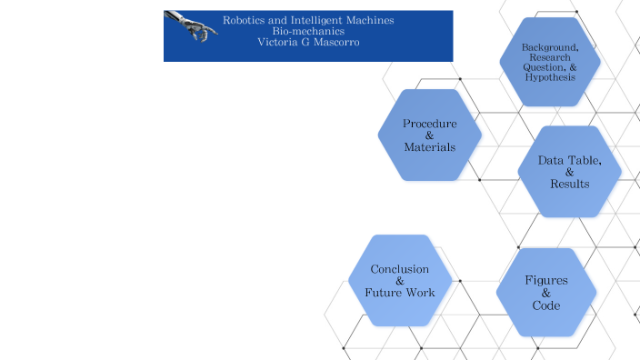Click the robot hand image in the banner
(x=191, y=25)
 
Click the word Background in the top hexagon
(x=549, y=46)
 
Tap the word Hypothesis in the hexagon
(x=550, y=77)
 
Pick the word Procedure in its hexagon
(x=430, y=124)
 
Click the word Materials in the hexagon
(x=430, y=147)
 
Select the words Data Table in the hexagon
(x=569, y=161)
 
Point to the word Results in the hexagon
(x=570, y=185)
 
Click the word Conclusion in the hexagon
(x=400, y=269)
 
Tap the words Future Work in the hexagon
(x=400, y=293)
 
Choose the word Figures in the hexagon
(x=546, y=281)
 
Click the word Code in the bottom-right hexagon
(x=546, y=305)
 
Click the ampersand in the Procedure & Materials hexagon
(x=430, y=135)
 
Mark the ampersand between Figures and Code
(x=546, y=293)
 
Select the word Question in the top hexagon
(x=543, y=67)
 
